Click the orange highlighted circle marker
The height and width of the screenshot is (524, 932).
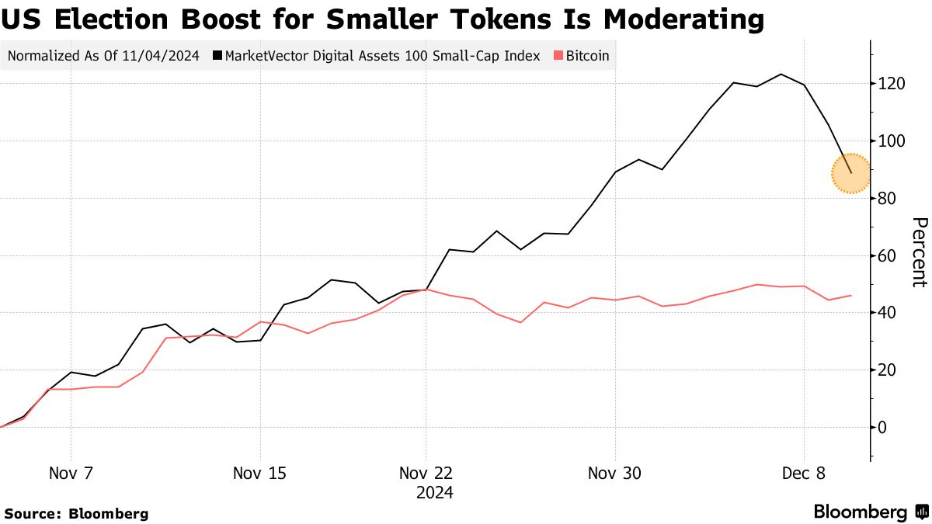(850, 173)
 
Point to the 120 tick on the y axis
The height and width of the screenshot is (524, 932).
(891, 84)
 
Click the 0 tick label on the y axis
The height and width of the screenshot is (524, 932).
(883, 427)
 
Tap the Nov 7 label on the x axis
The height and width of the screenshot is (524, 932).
(71, 473)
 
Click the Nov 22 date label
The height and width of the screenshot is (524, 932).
(426, 473)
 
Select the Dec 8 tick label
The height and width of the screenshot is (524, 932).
(804, 473)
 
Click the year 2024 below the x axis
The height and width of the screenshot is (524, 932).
(435, 492)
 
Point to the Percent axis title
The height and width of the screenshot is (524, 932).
(919, 252)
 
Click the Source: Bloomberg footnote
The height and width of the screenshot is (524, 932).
(76, 513)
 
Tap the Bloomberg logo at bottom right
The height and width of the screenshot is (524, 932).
(870, 512)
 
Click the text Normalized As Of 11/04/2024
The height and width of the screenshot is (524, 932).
(103, 56)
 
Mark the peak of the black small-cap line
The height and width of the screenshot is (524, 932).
(781, 75)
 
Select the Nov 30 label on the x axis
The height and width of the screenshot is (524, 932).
(615, 473)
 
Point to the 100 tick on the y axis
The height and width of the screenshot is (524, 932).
(891, 141)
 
